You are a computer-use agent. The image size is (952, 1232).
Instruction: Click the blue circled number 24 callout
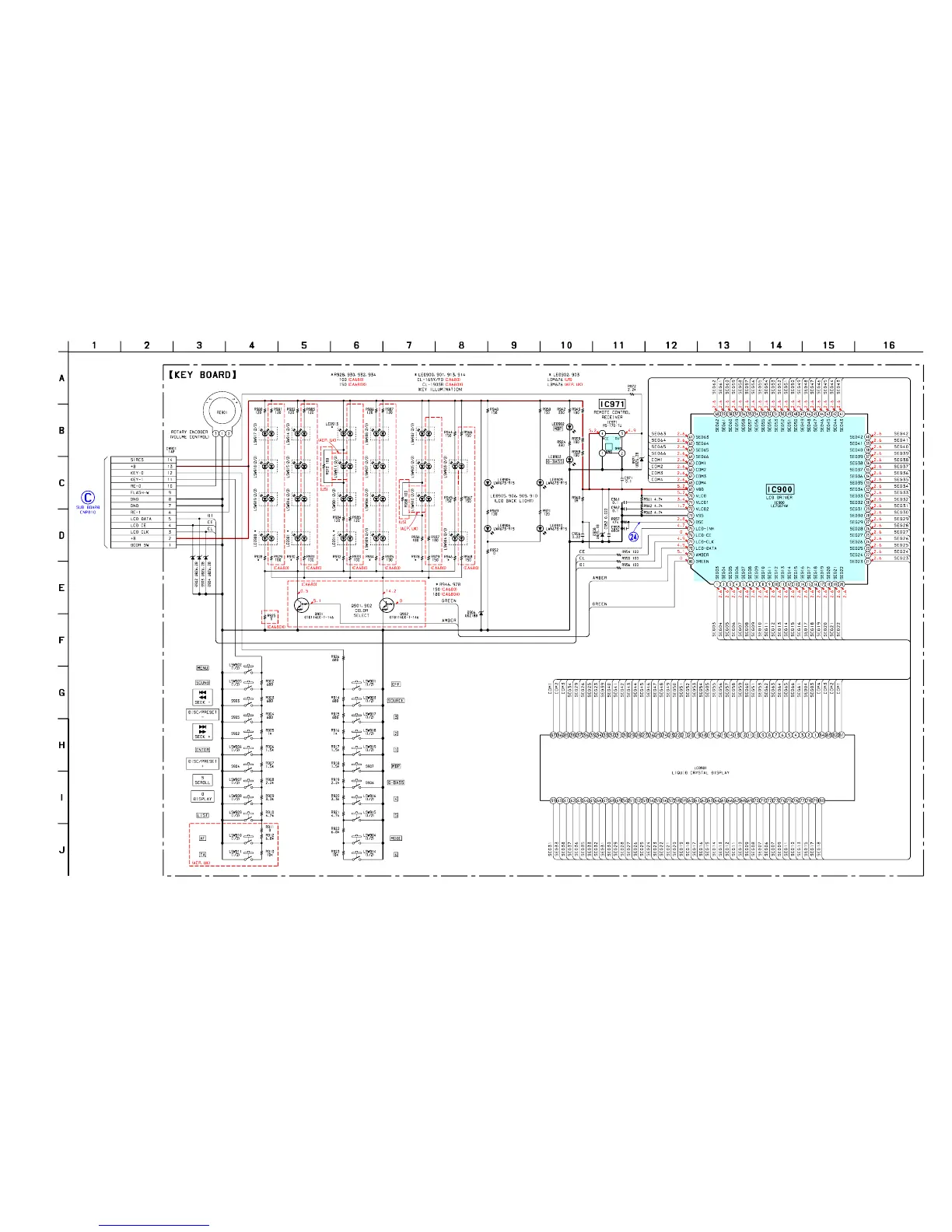(634, 536)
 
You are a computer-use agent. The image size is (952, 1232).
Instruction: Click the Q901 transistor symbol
(303, 605)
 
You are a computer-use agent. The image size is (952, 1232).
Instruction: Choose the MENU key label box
(202, 667)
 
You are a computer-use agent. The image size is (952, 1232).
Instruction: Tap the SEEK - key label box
(202, 697)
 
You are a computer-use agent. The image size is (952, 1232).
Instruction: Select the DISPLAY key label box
(202, 797)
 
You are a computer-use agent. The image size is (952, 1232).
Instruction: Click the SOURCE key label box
(395, 700)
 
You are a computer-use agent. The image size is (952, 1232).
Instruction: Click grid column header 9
(513, 345)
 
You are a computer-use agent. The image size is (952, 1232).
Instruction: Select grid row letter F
(62, 640)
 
